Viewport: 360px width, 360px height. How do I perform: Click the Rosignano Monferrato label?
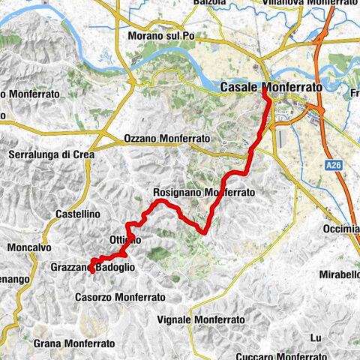click(x=203, y=192)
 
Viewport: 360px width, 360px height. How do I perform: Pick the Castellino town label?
click(x=78, y=214)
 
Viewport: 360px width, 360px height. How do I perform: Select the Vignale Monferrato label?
click(x=202, y=319)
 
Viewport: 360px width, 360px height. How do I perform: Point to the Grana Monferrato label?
click(x=74, y=343)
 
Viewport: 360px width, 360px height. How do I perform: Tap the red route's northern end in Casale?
click(x=265, y=93)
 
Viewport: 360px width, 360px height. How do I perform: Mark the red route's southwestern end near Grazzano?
click(x=91, y=271)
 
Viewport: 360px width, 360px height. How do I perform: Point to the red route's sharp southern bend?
click(x=203, y=233)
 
